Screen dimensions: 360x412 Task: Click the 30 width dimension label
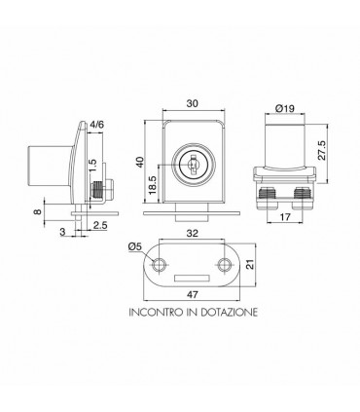pos(193,103)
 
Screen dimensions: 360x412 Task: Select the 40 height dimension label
pos(140,162)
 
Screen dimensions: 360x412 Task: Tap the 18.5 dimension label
pos(153,185)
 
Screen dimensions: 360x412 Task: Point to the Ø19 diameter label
pos(284,108)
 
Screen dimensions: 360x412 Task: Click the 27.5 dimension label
pos(321,150)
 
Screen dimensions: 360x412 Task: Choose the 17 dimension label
pos(285,217)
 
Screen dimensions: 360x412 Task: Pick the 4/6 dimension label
pos(96,125)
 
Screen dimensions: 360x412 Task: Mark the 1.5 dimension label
pos(92,167)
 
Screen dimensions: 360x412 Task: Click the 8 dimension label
pos(38,211)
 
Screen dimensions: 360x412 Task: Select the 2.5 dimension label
pos(100,225)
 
